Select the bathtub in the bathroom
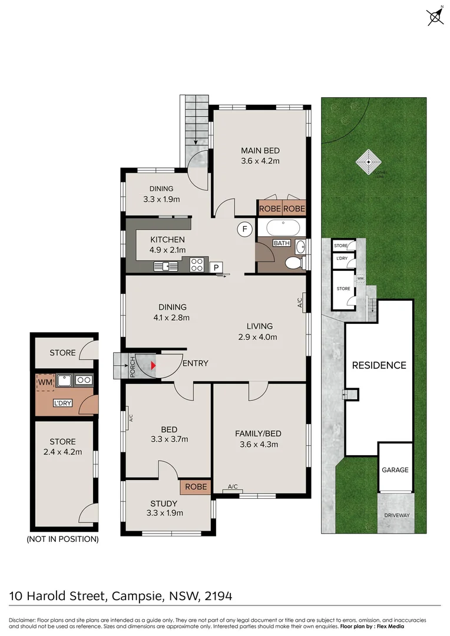(x=282, y=227)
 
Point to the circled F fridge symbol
(x=243, y=229)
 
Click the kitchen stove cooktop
(x=197, y=266)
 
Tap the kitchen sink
(x=166, y=266)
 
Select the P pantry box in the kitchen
(x=216, y=267)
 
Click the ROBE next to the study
(x=196, y=487)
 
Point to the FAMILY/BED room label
(x=258, y=434)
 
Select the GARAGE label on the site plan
(x=395, y=470)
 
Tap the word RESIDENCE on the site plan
(x=379, y=365)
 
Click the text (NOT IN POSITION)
(x=62, y=539)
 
